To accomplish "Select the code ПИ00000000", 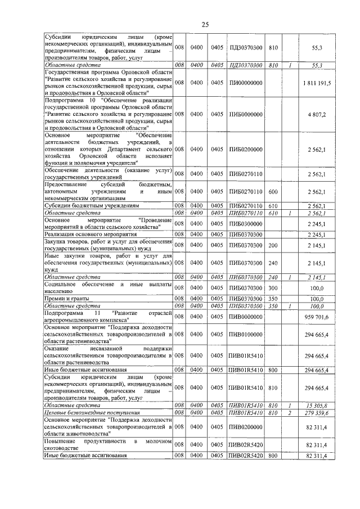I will tap(245, 83).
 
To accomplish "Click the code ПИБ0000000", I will tap(245, 114).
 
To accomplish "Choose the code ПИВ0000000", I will tap(245, 317).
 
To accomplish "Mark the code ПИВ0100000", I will tap(245, 334).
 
